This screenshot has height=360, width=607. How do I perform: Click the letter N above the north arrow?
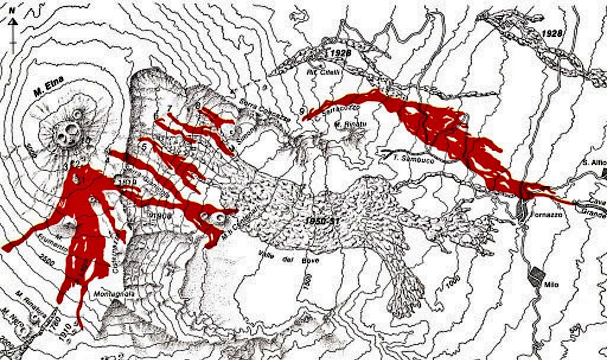click(x=12, y=10)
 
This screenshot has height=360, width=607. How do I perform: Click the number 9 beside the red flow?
click(x=302, y=111)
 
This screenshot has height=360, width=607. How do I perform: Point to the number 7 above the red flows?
click(x=170, y=108)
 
